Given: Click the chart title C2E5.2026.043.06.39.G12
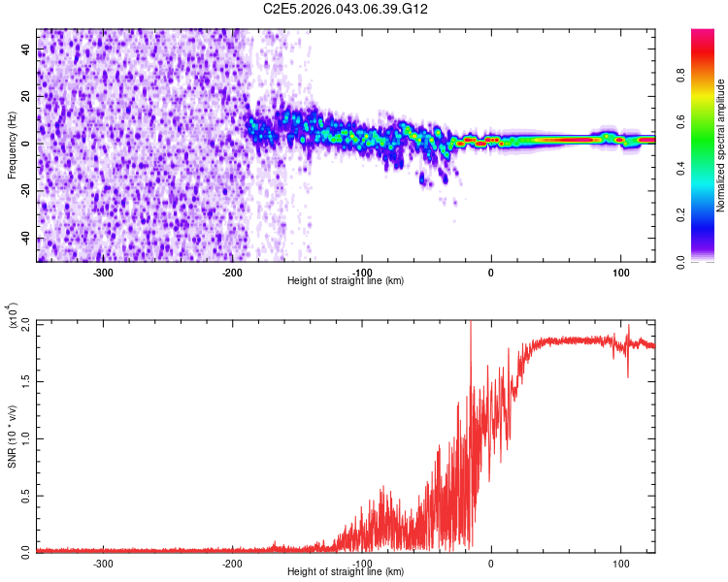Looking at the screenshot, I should click(x=347, y=9).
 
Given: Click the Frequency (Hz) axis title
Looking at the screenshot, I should click(x=12, y=145).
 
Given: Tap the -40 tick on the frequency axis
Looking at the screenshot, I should click(x=26, y=239).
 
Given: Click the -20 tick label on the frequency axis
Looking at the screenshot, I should click(x=26, y=191).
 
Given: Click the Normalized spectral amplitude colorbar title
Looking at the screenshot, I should click(x=721, y=145).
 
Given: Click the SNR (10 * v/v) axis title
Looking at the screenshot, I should click(x=12, y=436).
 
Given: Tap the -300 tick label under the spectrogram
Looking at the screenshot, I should click(x=103, y=272).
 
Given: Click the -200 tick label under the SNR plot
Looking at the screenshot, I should click(x=232, y=563).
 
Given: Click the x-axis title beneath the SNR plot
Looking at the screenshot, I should click(x=346, y=572).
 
